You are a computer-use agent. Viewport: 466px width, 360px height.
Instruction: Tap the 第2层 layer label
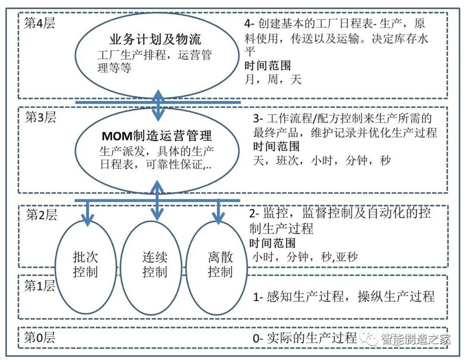coord(40,213)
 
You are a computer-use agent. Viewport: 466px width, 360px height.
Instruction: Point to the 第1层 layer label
coord(40,285)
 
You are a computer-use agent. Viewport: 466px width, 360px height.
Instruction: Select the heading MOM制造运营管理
coord(156,137)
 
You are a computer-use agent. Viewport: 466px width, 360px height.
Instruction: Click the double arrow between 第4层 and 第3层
coord(158,103)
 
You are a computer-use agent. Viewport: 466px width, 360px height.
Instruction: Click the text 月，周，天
coord(273,80)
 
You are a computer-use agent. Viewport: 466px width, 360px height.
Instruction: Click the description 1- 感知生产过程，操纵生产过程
coord(344,297)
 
